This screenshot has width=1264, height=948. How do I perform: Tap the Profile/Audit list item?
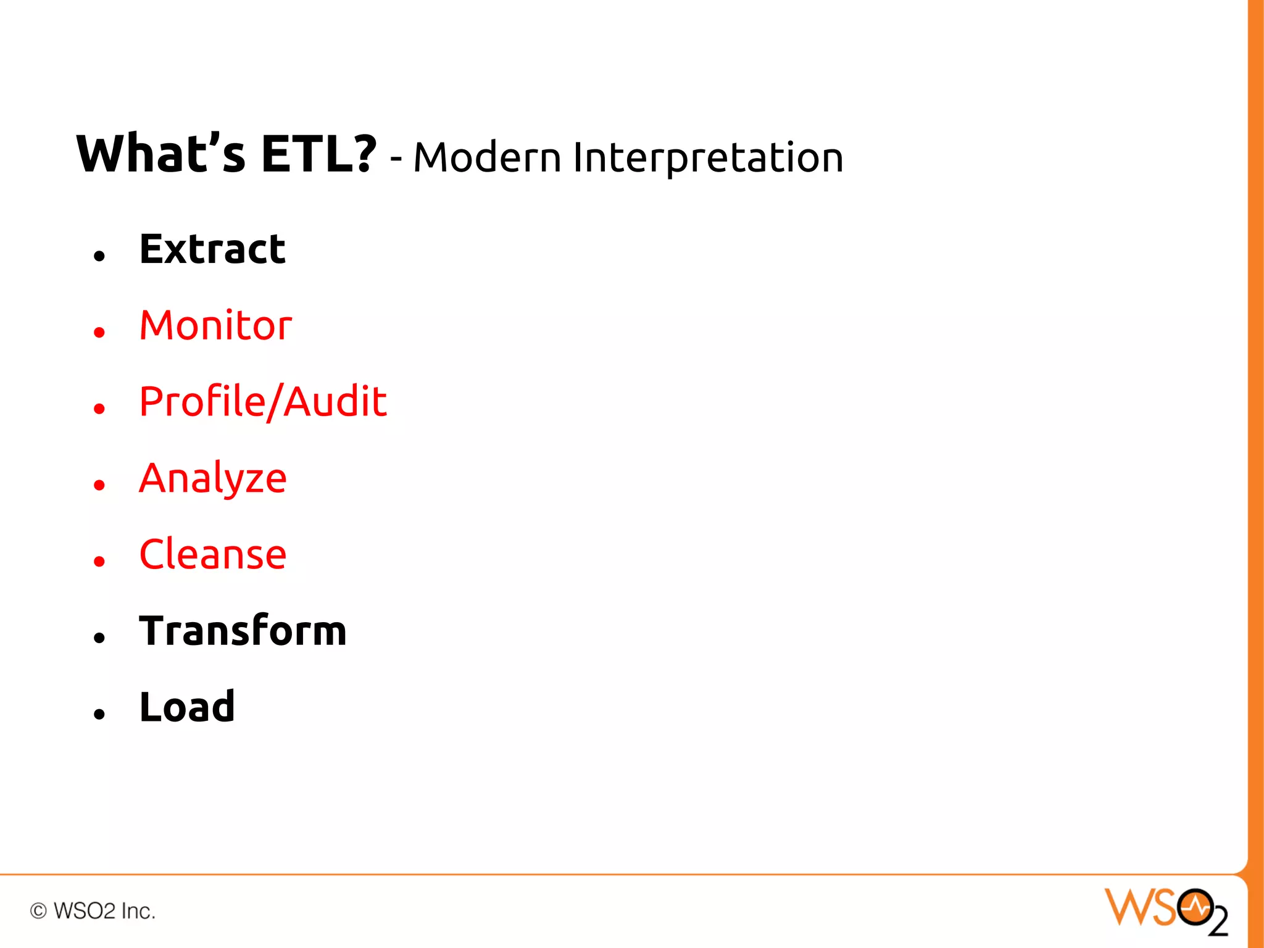point(263,402)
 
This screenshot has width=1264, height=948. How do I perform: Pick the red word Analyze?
point(213,479)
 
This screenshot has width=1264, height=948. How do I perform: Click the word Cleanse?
point(213,554)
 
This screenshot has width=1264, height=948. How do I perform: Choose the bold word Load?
point(187,707)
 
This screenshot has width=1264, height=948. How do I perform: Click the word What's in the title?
point(161,154)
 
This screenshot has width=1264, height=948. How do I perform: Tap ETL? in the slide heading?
point(318,154)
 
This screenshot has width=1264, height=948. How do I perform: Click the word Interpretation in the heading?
point(708,158)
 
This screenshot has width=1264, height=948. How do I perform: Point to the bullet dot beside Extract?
point(99,256)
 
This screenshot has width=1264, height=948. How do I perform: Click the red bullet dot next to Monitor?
point(99,333)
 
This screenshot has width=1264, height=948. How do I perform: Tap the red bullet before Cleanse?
point(99,561)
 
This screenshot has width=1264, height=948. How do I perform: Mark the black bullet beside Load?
point(99,714)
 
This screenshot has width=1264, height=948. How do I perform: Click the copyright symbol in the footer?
point(38,911)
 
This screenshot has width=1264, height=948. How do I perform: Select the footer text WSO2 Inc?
point(104,911)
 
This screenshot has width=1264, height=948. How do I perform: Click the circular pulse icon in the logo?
point(1195,907)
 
